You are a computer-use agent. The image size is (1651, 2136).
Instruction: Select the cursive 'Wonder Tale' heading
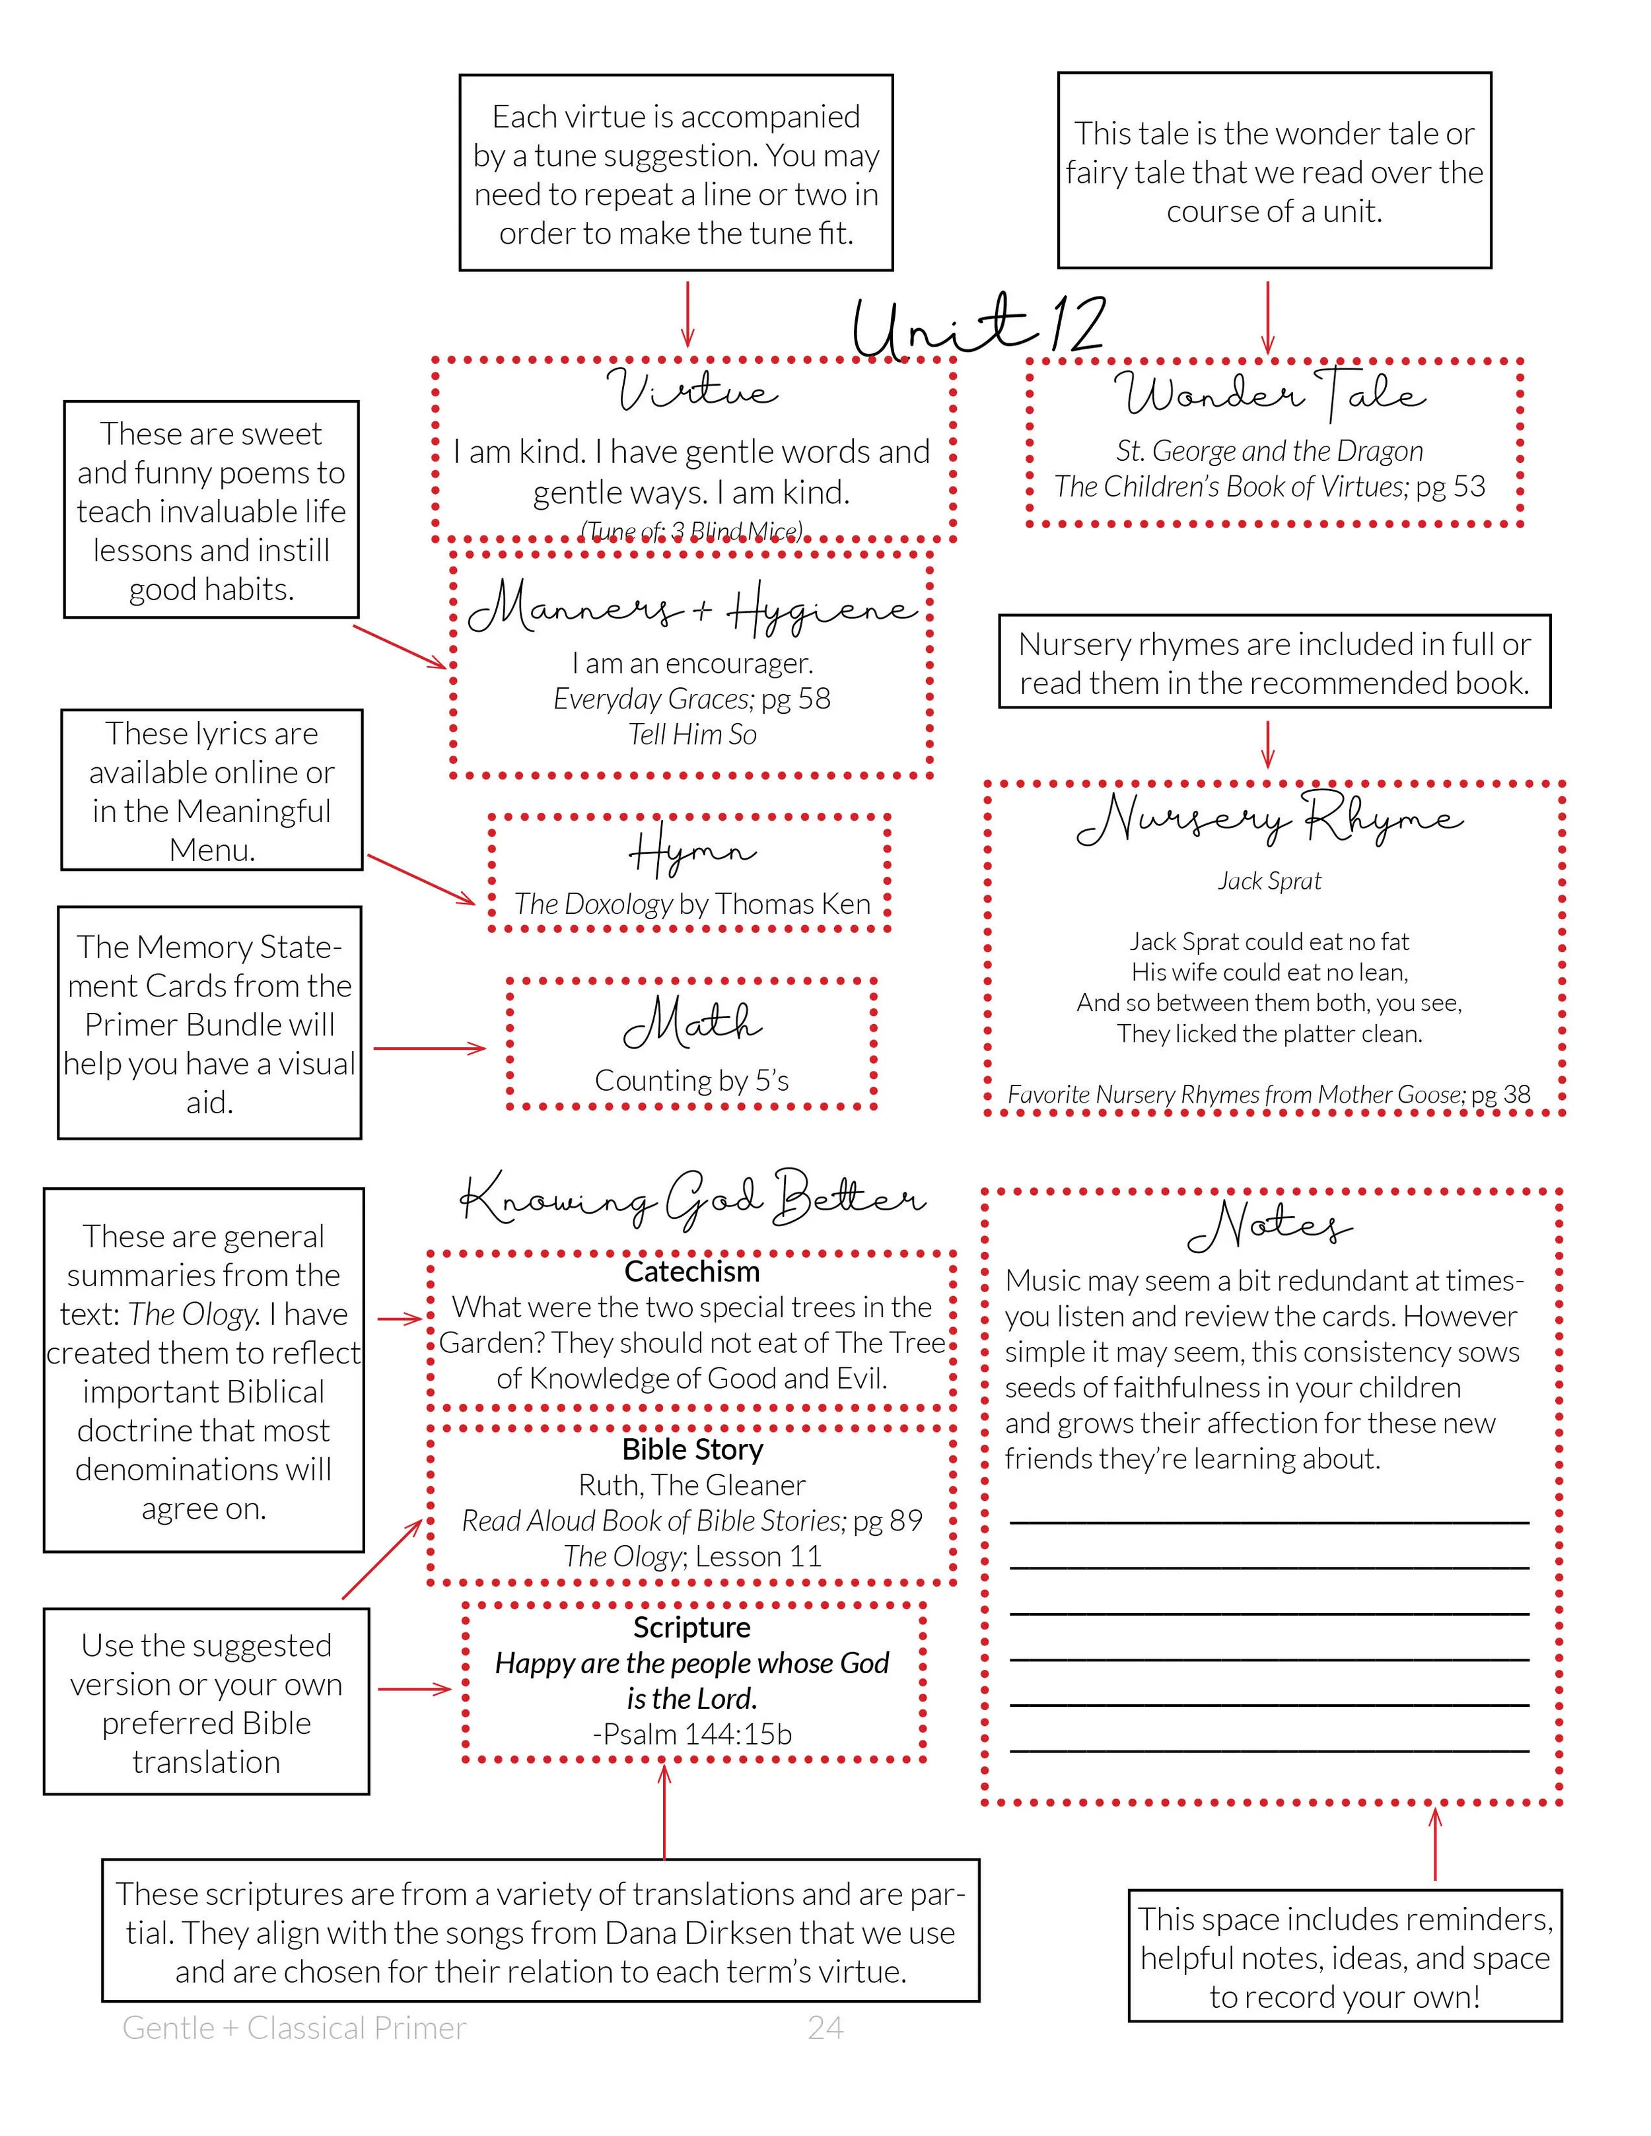click(1269, 392)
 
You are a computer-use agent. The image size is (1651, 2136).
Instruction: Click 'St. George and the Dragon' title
click(1269, 451)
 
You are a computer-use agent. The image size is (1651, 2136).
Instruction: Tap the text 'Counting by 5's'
click(691, 1081)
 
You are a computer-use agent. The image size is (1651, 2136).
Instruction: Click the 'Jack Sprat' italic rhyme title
click(1269, 881)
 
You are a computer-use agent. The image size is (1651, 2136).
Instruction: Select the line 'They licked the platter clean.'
click(1269, 1034)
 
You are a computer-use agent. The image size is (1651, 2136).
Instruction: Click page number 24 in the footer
click(825, 2028)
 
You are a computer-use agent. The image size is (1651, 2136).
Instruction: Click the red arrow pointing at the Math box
click(431, 1049)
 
